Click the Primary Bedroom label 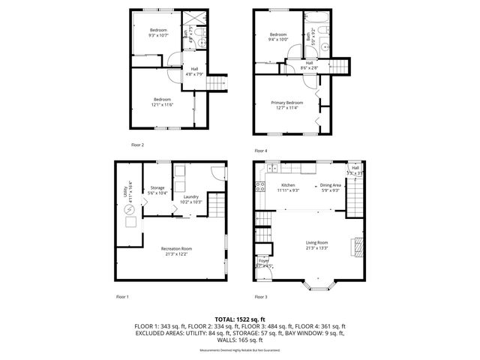tap(287, 102)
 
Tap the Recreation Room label tap(176, 249)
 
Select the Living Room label tap(316, 242)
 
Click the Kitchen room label tap(289, 185)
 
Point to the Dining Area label tap(331, 185)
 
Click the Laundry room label tap(191, 196)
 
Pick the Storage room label tap(157, 187)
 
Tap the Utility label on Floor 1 tap(124, 193)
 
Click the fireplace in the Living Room tap(358, 246)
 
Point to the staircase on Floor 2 tap(216, 82)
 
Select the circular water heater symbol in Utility tap(129, 211)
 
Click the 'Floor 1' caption tap(122, 297)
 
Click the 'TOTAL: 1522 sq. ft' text tap(240, 320)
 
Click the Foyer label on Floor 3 tap(263, 261)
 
